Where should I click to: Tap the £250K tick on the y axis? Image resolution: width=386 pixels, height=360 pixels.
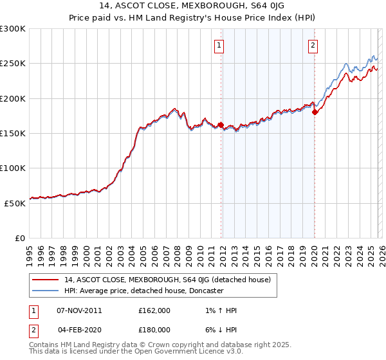pyautogui.click(x=13, y=64)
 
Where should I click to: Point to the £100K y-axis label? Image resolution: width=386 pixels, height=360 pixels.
pyautogui.click(x=13, y=168)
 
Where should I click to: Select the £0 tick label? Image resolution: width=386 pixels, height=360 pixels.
pyautogui.click(x=19, y=238)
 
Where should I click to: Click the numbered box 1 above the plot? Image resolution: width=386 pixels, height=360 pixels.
pyautogui.click(x=220, y=45)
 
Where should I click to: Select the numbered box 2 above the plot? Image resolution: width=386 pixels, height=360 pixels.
pyautogui.click(x=313, y=45)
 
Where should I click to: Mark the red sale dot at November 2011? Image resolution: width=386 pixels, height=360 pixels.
pyautogui.click(x=221, y=125)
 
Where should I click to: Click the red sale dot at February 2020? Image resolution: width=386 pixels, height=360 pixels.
pyautogui.click(x=315, y=113)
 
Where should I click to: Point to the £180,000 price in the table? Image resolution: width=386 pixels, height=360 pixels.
pyautogui.click(x=154, y=329)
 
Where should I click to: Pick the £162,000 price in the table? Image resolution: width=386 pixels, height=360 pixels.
pyautogui.click(x=154, y=310)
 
